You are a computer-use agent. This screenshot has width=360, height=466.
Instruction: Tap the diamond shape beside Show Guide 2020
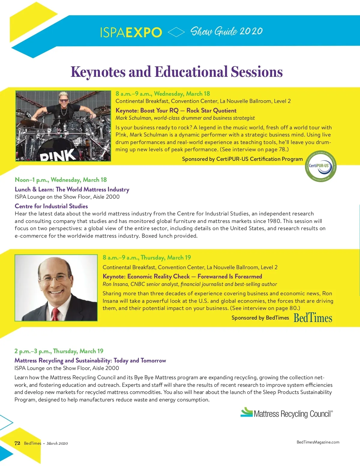[176, 32]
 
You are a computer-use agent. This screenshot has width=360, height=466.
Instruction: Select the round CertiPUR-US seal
[320, 166]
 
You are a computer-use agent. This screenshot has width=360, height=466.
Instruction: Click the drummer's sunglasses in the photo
[64, 101]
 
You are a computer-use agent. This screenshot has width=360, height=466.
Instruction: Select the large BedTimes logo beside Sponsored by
[313, 318]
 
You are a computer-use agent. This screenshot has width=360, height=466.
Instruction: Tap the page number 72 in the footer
[17, 443]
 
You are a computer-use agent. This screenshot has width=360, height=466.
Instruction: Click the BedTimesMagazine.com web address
[318, 442]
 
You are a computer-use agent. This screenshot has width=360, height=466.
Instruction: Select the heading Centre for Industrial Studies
[51, 206]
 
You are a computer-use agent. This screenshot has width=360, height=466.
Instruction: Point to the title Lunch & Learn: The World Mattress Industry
[72, 189]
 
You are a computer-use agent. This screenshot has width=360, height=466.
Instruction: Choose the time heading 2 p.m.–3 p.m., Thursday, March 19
[59, 351]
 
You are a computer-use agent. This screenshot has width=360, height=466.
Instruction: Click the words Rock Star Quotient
[211, 110]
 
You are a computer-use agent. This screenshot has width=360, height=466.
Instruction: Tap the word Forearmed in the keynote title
[248, 276]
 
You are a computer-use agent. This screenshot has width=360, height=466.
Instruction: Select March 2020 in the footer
[57, 443]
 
